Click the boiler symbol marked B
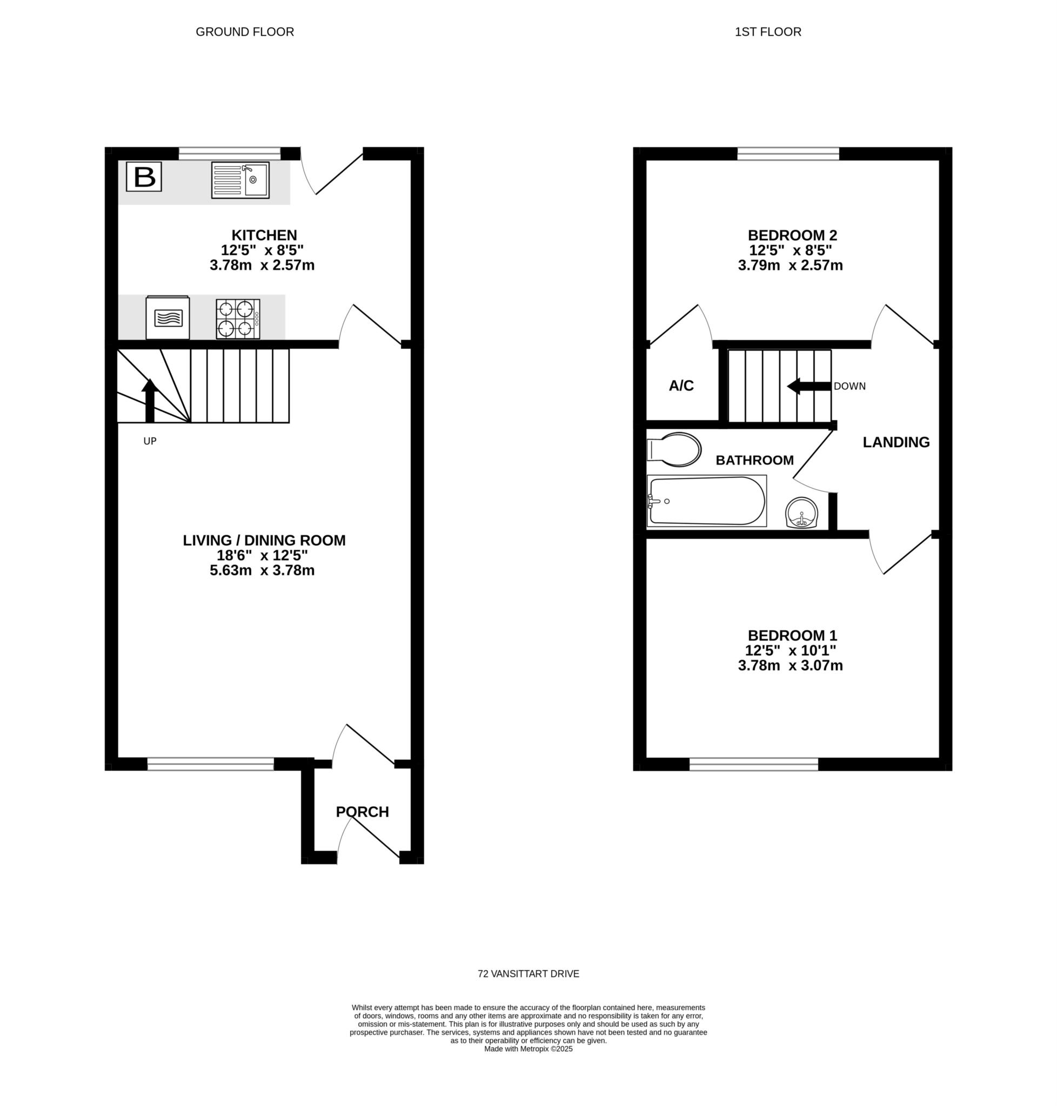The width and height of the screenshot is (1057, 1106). pos(144,177)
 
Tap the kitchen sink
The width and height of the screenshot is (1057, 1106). pos(240,180)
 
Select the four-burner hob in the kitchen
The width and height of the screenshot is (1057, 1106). pos(238,319)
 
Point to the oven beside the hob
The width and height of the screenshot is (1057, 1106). pos(168,318)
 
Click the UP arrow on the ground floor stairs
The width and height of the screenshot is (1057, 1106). pos(149,400)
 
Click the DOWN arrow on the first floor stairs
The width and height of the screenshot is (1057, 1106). pos(809,386)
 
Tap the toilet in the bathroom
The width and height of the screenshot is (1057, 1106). pos(674,449)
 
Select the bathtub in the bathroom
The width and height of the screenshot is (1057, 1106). pos(706,501)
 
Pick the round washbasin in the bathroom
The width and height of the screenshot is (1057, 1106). pos(801,512)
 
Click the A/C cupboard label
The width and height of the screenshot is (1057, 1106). pos(681,386)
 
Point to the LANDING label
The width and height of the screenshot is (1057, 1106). pos(896,442)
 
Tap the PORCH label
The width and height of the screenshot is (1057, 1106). pos(362,812)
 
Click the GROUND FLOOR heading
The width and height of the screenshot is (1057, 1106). pos(245,32)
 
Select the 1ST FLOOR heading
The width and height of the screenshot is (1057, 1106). pos(768,32)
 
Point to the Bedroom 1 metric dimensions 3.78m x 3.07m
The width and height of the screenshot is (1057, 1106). pos(791,666)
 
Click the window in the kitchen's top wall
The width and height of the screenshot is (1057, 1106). pos(229,153)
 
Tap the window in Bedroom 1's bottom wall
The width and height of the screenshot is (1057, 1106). pos(754,764)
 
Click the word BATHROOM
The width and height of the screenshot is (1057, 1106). pos(754,460)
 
